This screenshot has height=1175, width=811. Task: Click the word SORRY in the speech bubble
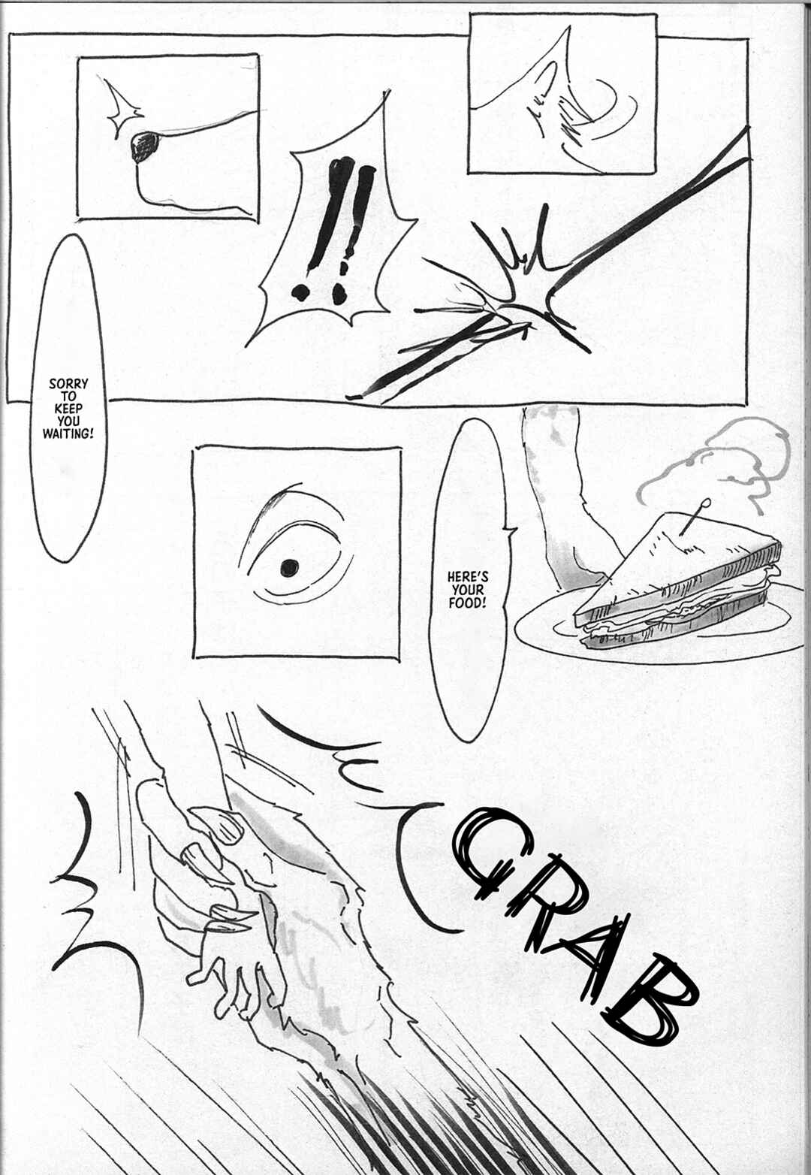pos(68,384)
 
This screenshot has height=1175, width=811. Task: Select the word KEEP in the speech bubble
pos(68,409)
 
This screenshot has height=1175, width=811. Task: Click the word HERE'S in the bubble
pos(467,578)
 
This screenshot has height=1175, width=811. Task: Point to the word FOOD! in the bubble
pos(467,603)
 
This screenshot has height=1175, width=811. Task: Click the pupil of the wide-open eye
pos(289,567)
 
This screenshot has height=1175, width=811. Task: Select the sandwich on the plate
pos(677,582)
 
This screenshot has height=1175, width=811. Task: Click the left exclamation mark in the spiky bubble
pos(317,231)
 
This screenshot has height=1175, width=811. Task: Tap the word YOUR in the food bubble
pos(467,590)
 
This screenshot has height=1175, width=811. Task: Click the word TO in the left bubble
pos(68,396)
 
